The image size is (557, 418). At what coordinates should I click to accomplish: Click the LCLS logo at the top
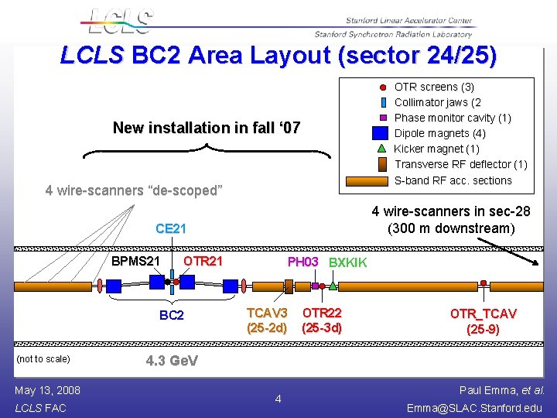point(119,21)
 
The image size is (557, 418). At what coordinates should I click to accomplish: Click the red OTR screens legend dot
point(383,87)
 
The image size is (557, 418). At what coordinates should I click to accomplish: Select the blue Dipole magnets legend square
point(380,133)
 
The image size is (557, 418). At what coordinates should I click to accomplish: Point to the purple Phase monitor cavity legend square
point(383,118)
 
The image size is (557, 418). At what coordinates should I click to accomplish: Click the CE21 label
point(171,228)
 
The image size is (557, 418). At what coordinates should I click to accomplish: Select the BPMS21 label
point(135,261)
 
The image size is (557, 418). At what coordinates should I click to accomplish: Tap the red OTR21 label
point(203,261)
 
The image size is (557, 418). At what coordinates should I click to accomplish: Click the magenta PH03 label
point(303,262)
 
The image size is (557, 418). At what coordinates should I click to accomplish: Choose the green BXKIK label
point(348,262)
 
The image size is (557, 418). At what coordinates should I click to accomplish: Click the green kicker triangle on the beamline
point(333,286)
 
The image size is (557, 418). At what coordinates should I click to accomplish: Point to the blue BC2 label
point(172,315)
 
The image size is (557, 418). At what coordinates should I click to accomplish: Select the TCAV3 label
point(267,313)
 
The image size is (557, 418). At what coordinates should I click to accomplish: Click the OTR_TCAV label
point(484,313)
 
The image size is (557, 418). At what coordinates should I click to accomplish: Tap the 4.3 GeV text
point(173,361)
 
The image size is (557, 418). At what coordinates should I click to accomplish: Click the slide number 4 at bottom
point(278,399)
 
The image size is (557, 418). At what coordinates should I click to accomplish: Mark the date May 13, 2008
point(47,389)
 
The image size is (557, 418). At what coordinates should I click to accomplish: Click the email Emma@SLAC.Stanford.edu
point(475,407)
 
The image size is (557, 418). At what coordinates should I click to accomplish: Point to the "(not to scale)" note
point(43,358)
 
